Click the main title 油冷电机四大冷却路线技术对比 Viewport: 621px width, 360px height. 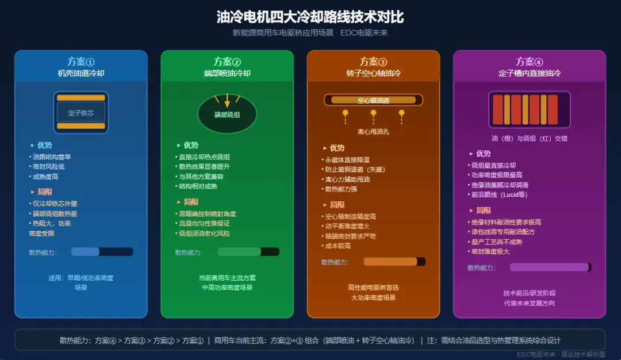click(310, 17)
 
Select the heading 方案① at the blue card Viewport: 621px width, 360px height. click(80, 62)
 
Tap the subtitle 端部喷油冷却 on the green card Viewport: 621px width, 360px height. click(227, 74)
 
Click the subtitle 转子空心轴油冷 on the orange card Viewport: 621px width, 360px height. click(373, 74)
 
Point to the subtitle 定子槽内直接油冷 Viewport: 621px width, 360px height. click(529, 74)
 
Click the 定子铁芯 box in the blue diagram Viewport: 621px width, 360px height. click(80, 113)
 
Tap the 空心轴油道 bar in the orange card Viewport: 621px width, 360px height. click(373, 100)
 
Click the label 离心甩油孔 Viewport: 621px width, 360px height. click(373, 132)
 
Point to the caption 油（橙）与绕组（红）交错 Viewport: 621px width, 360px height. click(529, 139)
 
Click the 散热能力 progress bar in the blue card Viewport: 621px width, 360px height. click(102, 252)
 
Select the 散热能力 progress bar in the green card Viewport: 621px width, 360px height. click(248, 252)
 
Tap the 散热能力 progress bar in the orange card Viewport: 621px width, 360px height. click(394, 262)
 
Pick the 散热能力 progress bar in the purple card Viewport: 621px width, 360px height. click(550, 267)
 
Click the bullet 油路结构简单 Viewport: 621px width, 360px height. click(52, 156)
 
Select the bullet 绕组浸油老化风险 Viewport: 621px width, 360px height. click(204, 233)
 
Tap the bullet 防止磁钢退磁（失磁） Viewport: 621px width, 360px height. click(355, 170)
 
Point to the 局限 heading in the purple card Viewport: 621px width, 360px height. click(483, 210)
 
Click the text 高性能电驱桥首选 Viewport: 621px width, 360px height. click(373, 288)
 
